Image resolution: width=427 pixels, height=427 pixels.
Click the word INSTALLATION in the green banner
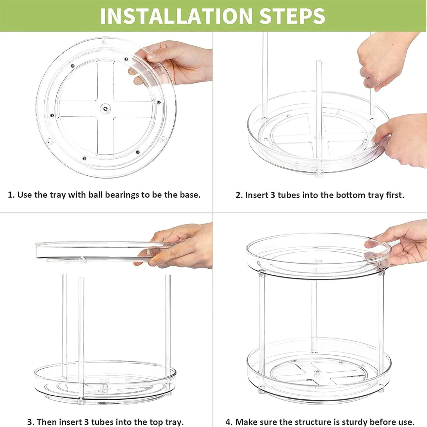pos(176,16)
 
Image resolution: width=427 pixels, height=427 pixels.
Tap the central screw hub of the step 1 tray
pos(106,108)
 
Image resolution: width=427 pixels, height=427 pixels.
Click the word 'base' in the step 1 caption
pos(190,195)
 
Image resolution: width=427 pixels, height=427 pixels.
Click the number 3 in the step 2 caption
pos(272,195)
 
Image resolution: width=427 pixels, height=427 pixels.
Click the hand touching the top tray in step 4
pos(401,245)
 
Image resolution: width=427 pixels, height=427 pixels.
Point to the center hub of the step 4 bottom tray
pos(317,373)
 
